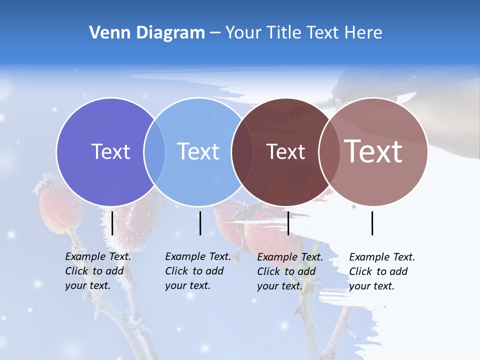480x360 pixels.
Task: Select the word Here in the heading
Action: click(364, 33)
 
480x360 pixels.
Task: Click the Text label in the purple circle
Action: click(110, 151)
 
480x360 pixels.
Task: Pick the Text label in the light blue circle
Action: click(198, 151)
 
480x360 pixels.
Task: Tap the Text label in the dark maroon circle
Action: click(285, 151)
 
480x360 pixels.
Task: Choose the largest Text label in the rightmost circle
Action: click(373, 151)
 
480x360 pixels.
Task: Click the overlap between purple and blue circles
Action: click(154, 152)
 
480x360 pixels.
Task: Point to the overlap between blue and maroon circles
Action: click(242, 152)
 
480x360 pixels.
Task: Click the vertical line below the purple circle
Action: click(112, 223)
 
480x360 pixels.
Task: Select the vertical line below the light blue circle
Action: click(200, 223)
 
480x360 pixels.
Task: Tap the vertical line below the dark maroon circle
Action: click(288, 223)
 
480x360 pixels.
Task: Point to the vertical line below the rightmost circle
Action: click(372, 223)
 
